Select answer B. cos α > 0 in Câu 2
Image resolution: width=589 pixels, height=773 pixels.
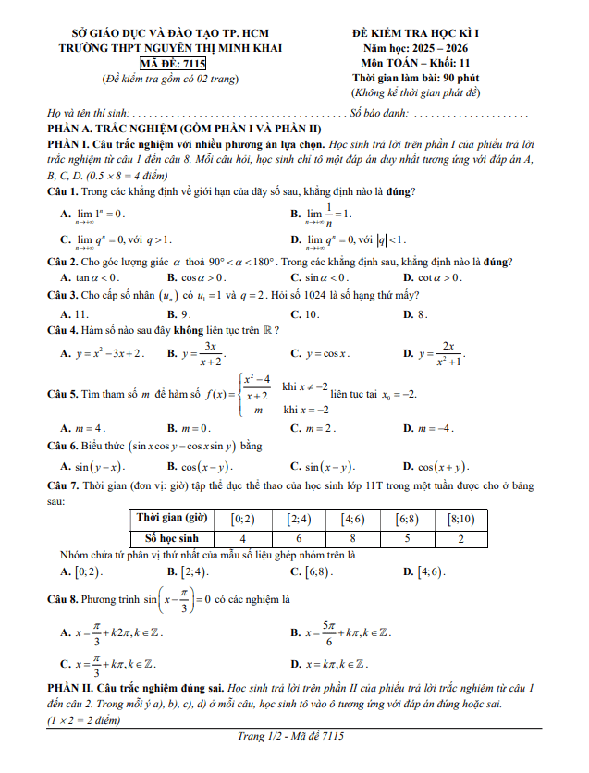pos(197,277)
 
